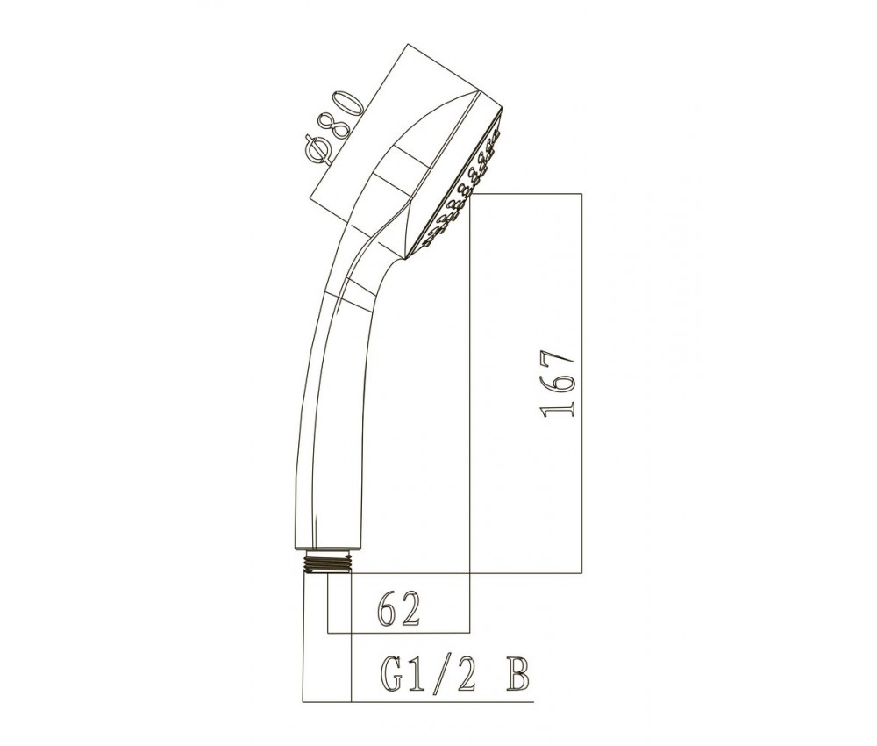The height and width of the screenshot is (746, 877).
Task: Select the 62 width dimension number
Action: [x=399, y=609]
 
